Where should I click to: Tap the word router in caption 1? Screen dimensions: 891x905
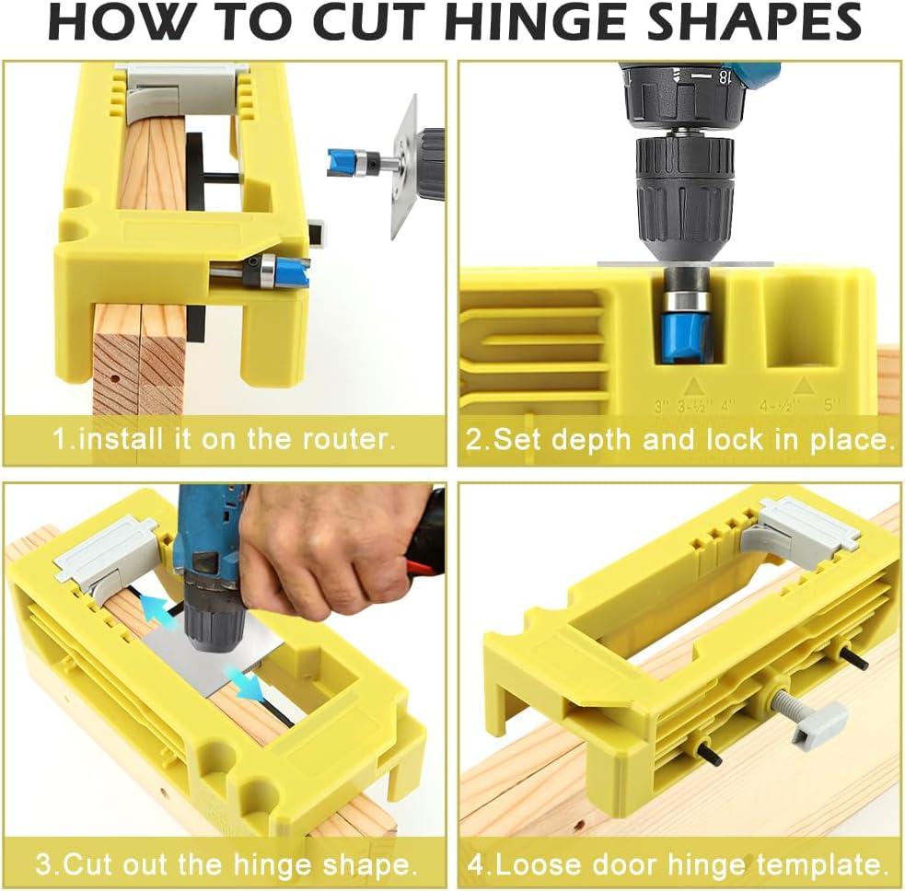344,438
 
